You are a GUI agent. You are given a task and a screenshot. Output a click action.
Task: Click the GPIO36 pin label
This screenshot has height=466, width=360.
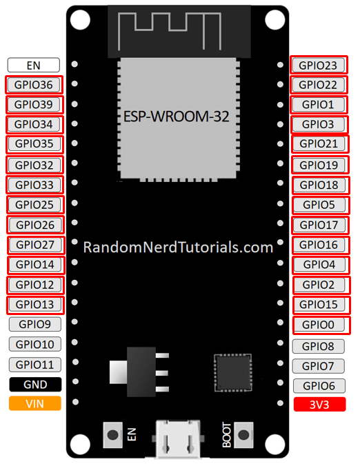tap(34, 85)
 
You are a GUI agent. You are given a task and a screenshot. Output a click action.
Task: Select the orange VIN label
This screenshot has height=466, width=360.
tap(34, 404)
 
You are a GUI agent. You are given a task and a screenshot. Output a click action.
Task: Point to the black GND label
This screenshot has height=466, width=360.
tap(34, 385)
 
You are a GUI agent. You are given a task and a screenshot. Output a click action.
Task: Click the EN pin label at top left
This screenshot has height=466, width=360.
tap(34, 65)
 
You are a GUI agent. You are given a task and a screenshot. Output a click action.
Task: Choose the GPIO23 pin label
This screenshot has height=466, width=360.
tap(318, 65)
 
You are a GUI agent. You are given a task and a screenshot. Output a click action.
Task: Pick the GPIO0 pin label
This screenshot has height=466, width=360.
tap(318, 325)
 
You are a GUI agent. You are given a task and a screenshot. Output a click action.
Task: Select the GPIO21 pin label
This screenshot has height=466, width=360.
tap(318, 144)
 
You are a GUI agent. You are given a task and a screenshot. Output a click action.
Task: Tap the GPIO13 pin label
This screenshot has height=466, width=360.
tap(34, 305)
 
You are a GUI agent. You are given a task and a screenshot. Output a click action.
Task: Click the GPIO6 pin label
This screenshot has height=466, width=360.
tap(318, 386)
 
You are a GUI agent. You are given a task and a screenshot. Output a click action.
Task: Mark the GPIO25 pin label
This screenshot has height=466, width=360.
tap(34, 205)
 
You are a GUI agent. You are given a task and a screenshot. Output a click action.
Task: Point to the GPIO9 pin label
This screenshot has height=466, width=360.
tap(34, 325)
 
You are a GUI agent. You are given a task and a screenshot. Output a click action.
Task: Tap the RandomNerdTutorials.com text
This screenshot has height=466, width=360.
tap(179, 247)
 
